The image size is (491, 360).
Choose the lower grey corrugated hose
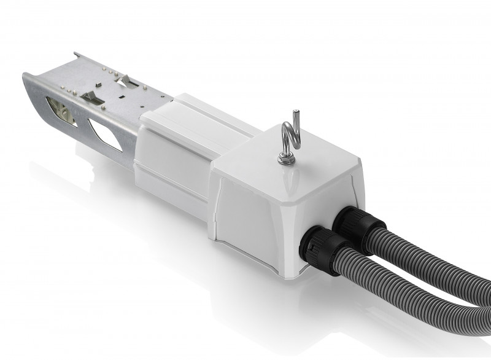(x=393, y=295)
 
